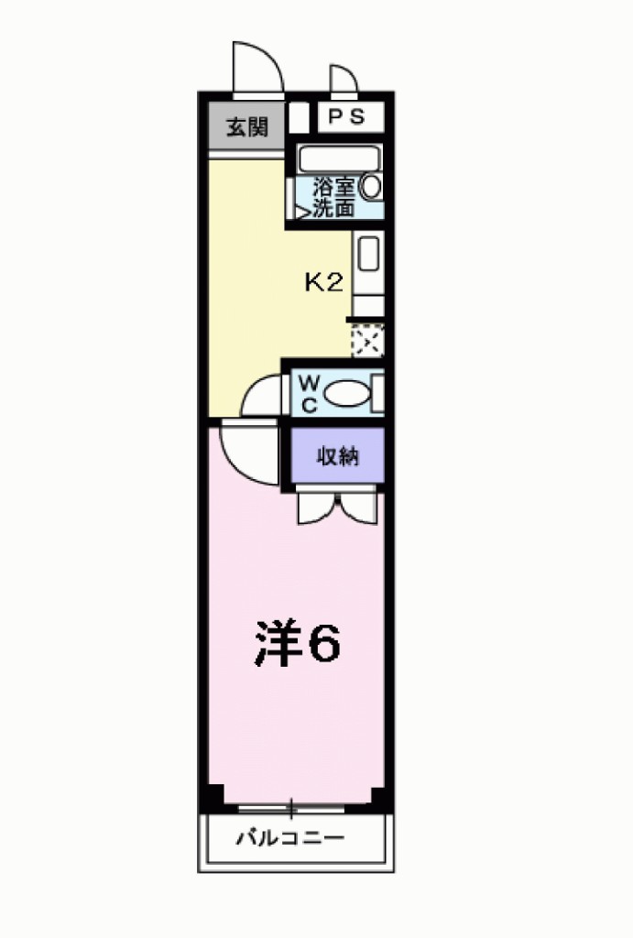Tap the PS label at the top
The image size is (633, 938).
(x=341, y=117)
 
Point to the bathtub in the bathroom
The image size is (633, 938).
(x=339, y=158)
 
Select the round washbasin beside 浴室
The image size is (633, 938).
(x=371, y=187)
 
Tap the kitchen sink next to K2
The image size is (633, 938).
(x=368, y=254)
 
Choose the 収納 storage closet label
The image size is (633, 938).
(x=336, y=455)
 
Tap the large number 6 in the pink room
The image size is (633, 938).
(x=322, y=644)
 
